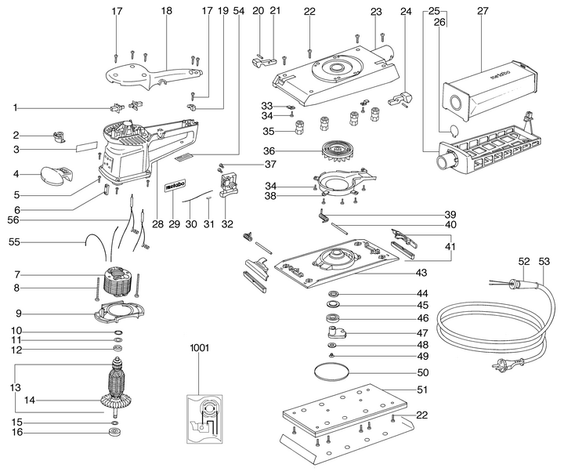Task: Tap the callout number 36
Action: tap(269, 150)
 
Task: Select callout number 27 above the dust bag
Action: tap(483, 12)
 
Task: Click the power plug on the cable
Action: tap(501, 366)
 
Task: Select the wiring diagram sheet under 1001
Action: tap(205, 415)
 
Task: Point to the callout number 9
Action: tap(16, 314)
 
